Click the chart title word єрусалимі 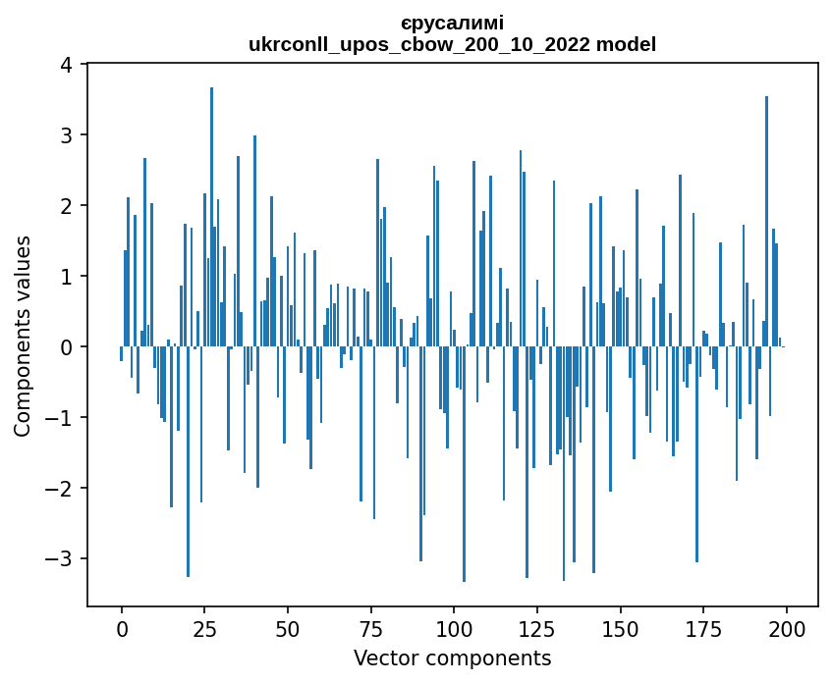(452, 23)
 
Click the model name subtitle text (452, 44)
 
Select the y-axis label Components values (23, 336)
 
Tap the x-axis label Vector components (452, 657)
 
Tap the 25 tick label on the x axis (204, 628)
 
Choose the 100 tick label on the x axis (454, 628)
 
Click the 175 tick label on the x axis (703, 628)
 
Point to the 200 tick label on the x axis (786, 628)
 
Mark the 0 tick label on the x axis (122, 628)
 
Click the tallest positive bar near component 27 (211, 216)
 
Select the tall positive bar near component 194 (766, 221)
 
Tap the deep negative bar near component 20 (188, 461)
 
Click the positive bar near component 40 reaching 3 (254, 240)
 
